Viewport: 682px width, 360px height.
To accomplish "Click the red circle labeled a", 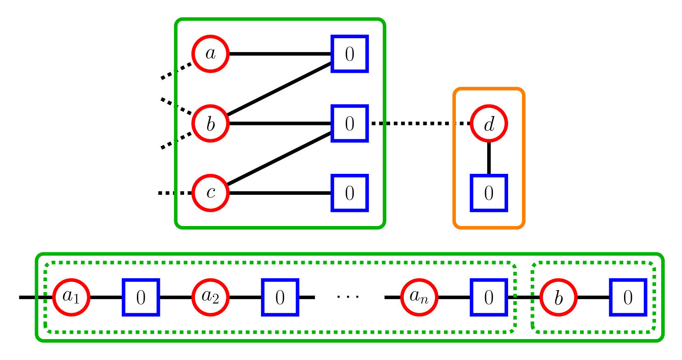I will pos(210,54).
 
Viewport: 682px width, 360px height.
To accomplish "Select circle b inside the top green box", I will pos(210,123).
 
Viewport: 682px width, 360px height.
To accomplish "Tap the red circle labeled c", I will pos(210,193).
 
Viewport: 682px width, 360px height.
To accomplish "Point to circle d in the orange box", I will pos(489,123).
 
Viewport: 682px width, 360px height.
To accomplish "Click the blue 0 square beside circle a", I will pos(349,54).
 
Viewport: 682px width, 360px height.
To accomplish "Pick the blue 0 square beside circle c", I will pos(349,193).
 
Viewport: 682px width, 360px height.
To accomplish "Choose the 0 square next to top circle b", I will pos(349,123).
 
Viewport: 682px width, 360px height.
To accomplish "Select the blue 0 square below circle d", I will pos(488,193).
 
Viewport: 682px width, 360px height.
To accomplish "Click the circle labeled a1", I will pos(72,298).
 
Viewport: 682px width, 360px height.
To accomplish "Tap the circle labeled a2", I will pos(210,298).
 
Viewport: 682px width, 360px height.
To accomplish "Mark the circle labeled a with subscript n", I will pos(419,298).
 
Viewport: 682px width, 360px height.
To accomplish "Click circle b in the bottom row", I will pos(558,298).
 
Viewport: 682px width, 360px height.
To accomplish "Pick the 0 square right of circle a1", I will pos(141,298).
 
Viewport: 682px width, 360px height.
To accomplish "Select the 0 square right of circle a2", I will pos(280,298).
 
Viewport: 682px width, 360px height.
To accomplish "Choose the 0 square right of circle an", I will pos(488,298).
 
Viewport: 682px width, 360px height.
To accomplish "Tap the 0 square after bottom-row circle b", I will pos(628,298).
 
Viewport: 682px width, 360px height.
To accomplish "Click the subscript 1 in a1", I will pos(76,300).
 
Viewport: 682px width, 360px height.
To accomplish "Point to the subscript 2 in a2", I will pos(215,300).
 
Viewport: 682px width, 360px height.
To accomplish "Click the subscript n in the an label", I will pos(425,300).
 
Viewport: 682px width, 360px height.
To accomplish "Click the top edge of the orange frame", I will pos(489,88).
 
